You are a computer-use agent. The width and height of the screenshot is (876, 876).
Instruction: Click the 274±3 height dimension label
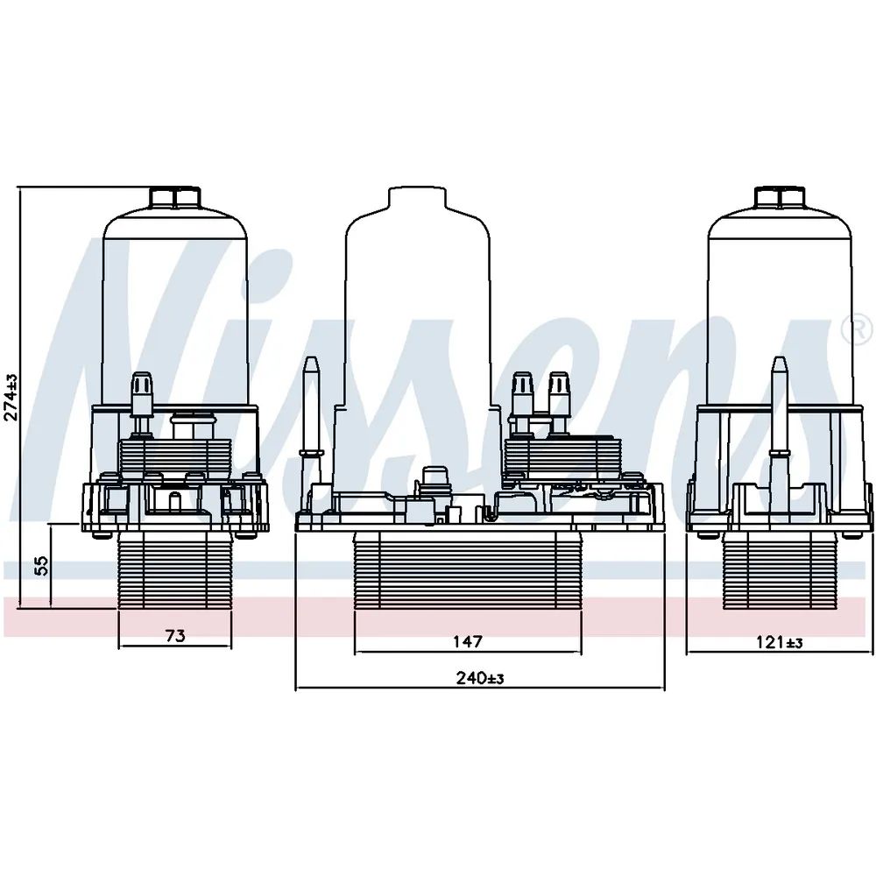tap(11, 397)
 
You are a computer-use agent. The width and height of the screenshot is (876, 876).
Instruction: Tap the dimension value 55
tap(42, 565)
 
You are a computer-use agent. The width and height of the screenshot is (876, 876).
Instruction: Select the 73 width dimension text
tap(175, 636)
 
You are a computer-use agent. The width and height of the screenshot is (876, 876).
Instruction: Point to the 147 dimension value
tap(468, 641)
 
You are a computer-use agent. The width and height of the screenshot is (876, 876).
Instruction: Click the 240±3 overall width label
tap(480, 678)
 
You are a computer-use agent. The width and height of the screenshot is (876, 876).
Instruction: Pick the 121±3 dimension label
tap(780, 642)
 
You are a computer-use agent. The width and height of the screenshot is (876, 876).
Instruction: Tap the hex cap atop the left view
tap(175, 198)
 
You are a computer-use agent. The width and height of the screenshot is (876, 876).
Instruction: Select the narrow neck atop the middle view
tap(418, 198)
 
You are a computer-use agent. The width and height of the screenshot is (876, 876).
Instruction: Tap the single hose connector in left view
tap(141, 402)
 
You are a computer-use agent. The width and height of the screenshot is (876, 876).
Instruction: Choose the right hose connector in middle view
tap(558, 401)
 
